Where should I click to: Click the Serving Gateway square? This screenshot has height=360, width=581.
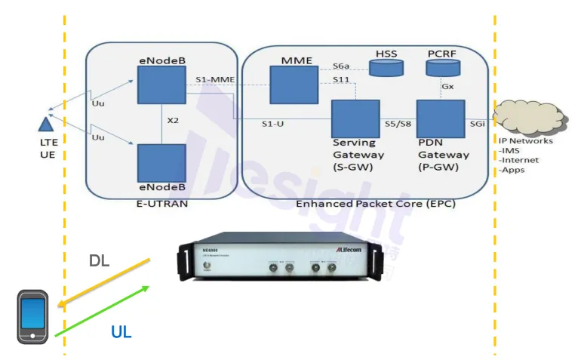click(355, 117)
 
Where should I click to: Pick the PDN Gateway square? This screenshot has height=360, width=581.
click(441, 117)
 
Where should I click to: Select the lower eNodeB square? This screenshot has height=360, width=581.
click(161, 163)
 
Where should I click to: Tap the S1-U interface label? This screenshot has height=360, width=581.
click(272, 124)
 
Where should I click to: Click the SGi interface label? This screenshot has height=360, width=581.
click(477, 124)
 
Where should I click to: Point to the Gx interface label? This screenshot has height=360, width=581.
click(447, 86)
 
